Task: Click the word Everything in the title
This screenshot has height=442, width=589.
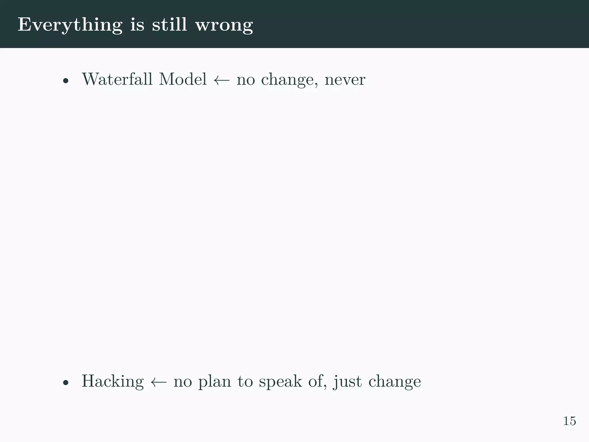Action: coord(70,25)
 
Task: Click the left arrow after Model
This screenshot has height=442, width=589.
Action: coord(222,80)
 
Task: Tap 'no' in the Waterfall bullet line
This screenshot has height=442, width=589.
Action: coord(246,80)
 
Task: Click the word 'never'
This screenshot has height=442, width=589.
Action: coord(345,80)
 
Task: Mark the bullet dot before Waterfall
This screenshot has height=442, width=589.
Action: coord(66,81)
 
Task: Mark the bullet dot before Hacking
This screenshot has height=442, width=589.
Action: coord(66,383)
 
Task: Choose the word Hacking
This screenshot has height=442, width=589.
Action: coord(112,382)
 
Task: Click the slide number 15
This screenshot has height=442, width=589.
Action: coord(569,421)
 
